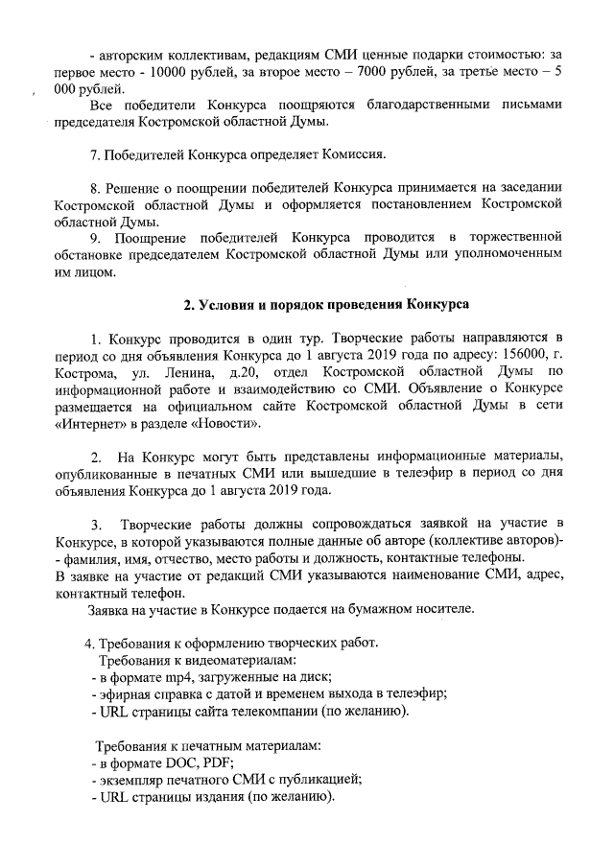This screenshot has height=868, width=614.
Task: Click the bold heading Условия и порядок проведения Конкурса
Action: coord(326,305)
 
